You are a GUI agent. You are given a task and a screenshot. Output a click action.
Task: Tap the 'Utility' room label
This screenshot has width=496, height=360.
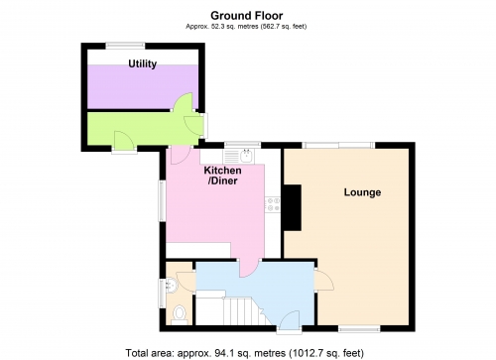(x=145, y=63)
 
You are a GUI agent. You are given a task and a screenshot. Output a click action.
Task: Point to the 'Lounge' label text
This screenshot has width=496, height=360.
(x=363, y=191)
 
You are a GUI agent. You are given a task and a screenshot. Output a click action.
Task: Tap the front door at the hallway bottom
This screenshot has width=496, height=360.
(x=290, y=320)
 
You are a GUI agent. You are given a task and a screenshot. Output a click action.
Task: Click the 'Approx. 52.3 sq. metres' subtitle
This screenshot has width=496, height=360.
(x=243, y=27)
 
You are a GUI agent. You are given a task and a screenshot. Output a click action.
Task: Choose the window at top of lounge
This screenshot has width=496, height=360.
(x=338, y=146)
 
